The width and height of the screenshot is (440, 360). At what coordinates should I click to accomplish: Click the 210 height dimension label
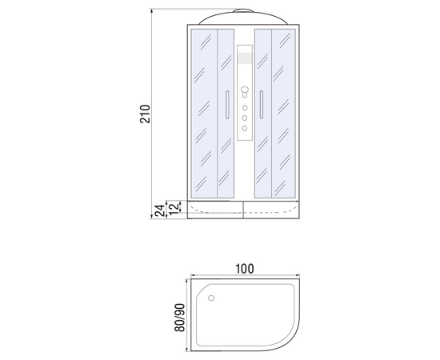pos(146,114)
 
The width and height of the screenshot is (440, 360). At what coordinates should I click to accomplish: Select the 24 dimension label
pos(160,210)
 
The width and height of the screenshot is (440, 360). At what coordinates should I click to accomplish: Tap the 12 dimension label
pos(174,207)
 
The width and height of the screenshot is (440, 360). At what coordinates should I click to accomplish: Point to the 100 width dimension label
pos(245,269)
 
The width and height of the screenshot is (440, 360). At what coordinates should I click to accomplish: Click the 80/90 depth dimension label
pos(179,318)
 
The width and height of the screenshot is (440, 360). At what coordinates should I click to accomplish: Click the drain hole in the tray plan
pos(211,298)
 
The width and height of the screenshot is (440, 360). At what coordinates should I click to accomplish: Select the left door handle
pos(227,105)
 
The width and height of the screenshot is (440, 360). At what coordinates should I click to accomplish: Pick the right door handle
pos(262,105)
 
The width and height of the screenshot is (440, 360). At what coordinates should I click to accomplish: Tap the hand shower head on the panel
pos(245,92)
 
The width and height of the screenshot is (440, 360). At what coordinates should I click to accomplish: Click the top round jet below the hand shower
pos(245,108)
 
